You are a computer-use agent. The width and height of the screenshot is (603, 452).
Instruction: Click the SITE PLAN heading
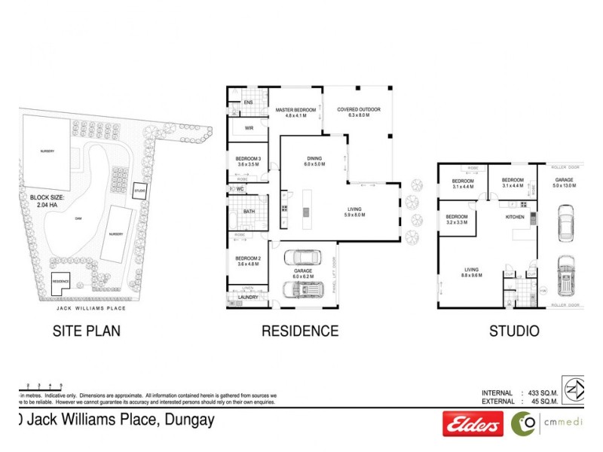coord(85,330)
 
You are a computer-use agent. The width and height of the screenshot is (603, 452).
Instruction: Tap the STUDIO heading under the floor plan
coord(513,330)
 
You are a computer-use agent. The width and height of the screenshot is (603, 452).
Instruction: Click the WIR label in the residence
coord(249,128)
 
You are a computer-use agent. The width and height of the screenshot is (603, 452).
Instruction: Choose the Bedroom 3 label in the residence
coord(249,160)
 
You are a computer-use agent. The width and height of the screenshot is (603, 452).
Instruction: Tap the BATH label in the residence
coord(249,212)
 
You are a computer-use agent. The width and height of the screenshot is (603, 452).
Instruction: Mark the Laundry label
coord(248,297)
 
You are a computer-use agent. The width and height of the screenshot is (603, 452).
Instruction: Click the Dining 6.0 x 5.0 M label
coord(314,161)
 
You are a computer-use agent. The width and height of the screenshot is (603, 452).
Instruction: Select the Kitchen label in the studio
coord(514,217)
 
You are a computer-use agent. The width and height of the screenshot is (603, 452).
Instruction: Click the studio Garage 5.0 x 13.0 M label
coord(565,182)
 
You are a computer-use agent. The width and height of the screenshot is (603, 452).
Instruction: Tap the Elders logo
coord(473,426)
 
